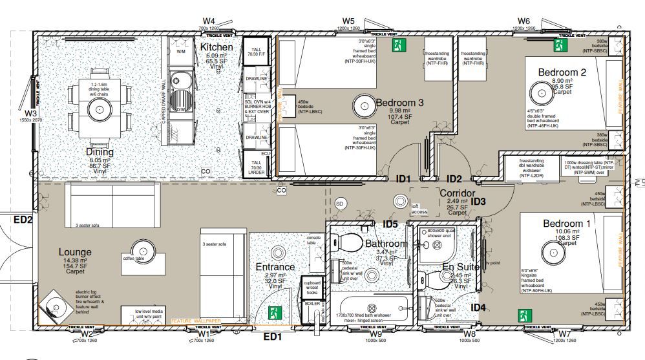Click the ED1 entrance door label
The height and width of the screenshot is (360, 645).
click(272, 337)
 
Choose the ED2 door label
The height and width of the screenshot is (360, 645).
click(23, 220)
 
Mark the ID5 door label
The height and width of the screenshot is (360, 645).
click(390, 224)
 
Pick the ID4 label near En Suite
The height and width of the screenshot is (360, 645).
click(478, 307)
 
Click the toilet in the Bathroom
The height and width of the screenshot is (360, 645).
click(350, 243)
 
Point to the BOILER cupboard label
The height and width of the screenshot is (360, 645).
click(312, 302)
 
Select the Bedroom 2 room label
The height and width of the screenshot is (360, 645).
click(564, 72)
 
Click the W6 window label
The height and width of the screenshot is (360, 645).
click(523, 21)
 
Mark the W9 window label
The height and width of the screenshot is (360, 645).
click(375, 334)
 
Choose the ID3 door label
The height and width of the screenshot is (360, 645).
click(478, 202)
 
